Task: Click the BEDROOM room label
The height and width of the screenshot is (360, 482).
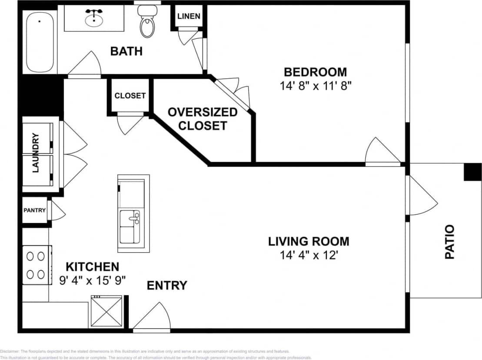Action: point(315,72)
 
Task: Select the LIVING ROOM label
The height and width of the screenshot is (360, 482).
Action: point(308,241)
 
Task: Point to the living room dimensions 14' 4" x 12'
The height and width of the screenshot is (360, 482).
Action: point(308,255)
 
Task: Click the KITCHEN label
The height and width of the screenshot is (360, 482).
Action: point(92,267)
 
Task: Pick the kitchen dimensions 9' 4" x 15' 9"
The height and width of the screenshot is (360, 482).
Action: point(92,280)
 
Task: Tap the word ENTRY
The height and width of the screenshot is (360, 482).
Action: point(167,285)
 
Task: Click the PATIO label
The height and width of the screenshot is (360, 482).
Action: point(449,242)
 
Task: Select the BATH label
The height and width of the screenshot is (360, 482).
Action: point(126,51)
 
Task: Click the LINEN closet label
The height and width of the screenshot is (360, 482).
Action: point(189,17)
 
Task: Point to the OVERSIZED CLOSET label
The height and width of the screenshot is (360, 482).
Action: point(203,119)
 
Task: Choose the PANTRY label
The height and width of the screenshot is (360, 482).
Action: point(34,210)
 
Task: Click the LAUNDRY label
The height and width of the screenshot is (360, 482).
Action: point(36,153)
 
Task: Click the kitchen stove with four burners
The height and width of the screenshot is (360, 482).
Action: point(37,265)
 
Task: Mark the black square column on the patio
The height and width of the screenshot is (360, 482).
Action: point(472,172)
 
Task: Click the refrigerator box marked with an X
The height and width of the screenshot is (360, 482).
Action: point(106,311)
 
